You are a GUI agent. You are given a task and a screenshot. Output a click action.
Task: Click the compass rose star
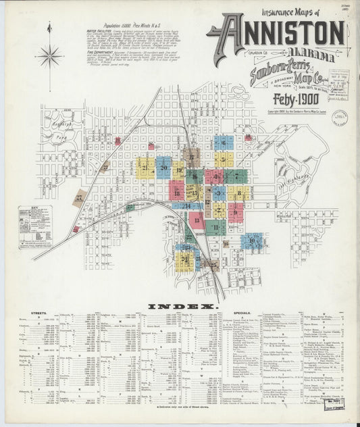49,56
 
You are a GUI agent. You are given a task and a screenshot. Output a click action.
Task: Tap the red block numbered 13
197,220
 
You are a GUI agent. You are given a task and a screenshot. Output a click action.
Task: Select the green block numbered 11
215,228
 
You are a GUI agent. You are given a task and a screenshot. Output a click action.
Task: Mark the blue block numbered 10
253,241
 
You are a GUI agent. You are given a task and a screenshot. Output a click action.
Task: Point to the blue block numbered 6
224,143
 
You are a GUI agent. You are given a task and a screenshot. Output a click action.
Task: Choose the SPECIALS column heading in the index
242,313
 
